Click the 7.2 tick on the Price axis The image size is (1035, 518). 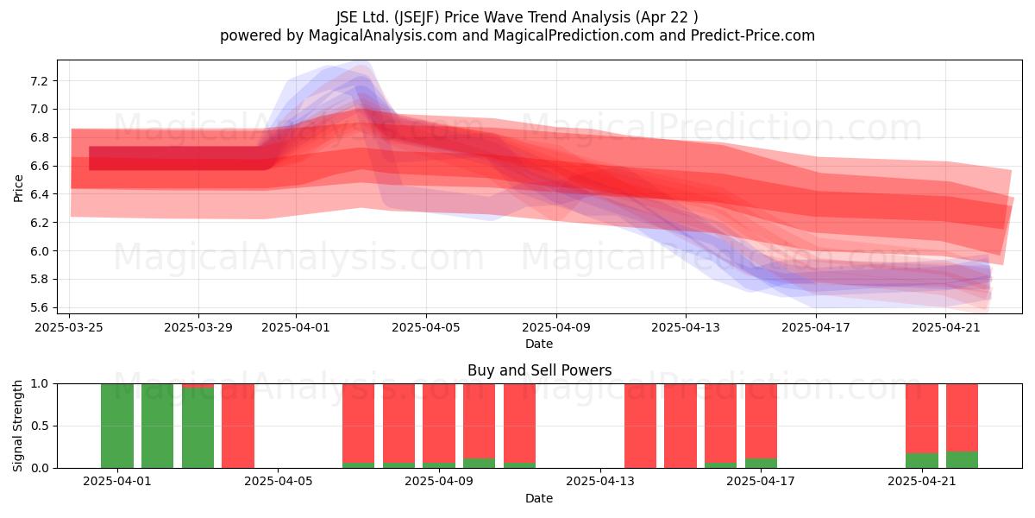tap(38, 81)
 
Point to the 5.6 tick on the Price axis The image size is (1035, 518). tap(38, 308)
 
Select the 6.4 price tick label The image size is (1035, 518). tap(38, 195)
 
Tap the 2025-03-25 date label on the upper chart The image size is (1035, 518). tap(69, 327)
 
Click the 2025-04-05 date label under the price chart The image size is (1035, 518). tap(426, 327)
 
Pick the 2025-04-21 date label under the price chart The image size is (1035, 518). tap(946, 327)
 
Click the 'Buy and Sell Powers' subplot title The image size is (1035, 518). tap(539, 370)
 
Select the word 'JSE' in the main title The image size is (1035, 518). tap(347, 17)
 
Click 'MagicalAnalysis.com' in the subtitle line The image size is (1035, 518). tap(383, 35)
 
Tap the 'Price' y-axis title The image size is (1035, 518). tap(18, 188)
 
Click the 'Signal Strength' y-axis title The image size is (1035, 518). tap(17, 426)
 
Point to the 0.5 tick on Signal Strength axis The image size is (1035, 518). tap(40, 426)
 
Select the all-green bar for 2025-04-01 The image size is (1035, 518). tap(117, 426)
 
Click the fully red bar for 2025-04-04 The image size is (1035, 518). tap(238, 426)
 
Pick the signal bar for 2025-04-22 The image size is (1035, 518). tap(962, 426)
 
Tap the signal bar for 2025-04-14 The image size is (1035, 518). tap(640, 426)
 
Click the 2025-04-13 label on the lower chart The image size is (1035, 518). tap(600, 481)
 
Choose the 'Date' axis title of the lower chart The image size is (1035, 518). tap(539, 498)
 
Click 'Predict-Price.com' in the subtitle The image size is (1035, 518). tap(753, 35)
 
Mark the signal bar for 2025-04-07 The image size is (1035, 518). tap(359, 426)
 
